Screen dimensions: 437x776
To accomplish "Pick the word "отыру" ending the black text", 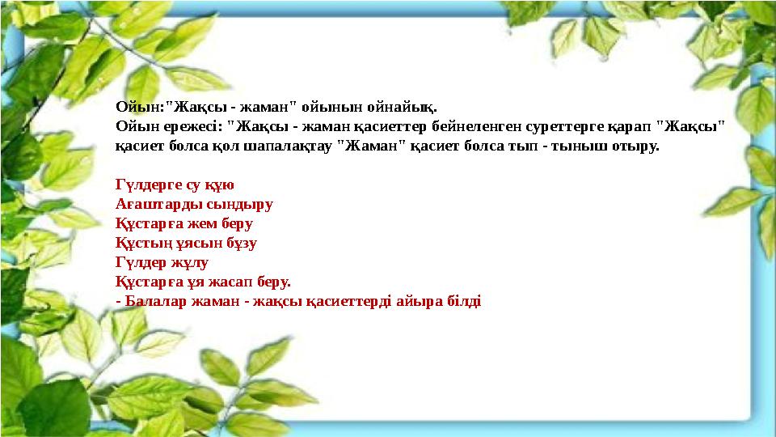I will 640,147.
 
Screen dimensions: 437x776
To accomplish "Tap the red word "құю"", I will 218,185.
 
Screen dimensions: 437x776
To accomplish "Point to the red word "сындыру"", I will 244,205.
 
